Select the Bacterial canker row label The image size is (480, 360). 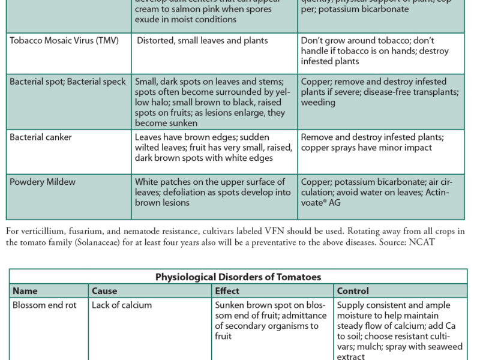[x=41, y=137]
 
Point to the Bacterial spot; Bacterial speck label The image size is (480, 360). [x=68, y=82]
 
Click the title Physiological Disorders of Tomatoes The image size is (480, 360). [x=238, y=277]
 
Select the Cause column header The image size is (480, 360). [x=104, y=291]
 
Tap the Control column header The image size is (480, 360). [x=353, y=291]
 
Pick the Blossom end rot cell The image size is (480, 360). [x=46, y=305]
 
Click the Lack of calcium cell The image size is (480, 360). [x=122, y=305]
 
